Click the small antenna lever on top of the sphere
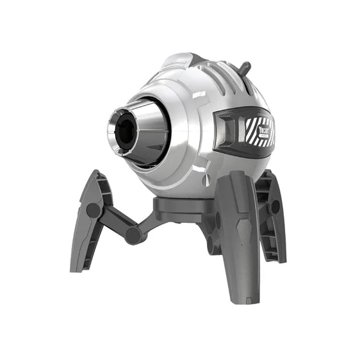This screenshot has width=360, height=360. pyautogui.click(x=244, y=67)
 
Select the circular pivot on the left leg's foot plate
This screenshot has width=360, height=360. pyautogui.click(x=94, y=210)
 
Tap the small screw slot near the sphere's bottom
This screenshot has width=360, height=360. pyautogui.click(x=206, y=181)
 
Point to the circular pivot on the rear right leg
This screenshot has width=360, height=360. pyautogui.click(x=275, y=206)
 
